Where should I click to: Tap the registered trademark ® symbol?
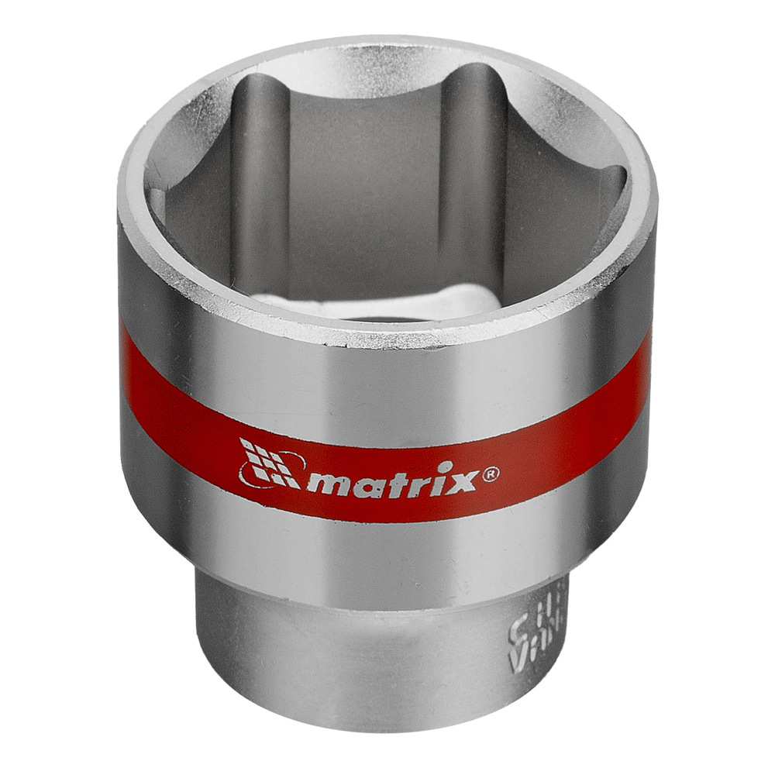click(x=491, y=474)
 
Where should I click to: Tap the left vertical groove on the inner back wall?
click(x=260, y=178)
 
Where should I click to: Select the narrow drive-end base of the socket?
click(x=372, y=659)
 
